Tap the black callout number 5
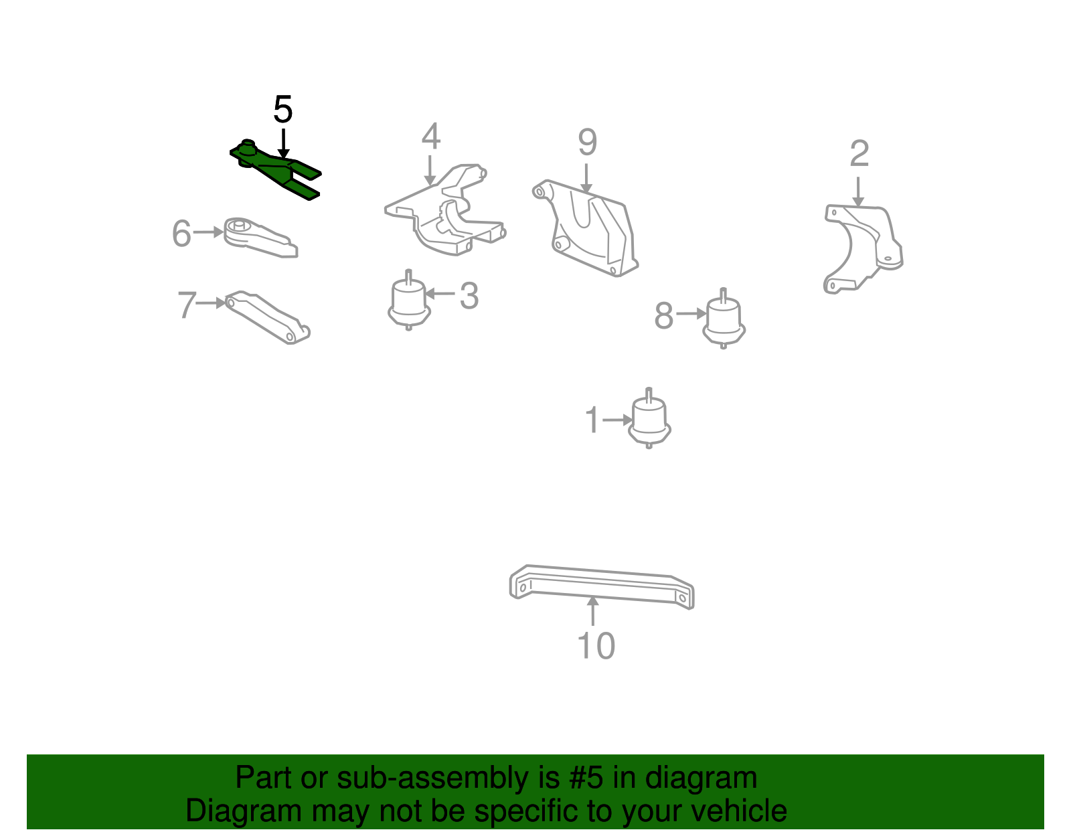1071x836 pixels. point(283,110)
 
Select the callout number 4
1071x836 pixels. point(430,137)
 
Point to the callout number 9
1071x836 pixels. point(587,143)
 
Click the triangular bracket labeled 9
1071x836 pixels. point(589,228)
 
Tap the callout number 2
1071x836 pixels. point(859,155)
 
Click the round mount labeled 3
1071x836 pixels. point(409,301)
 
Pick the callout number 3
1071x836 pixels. point(469,296)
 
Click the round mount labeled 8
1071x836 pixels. point(724,320)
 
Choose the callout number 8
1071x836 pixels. point(663,316)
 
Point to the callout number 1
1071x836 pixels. point(592,420)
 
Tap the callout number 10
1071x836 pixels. point(596,647)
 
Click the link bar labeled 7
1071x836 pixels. point(268,317)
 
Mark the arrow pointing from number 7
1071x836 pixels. point(212,303)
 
